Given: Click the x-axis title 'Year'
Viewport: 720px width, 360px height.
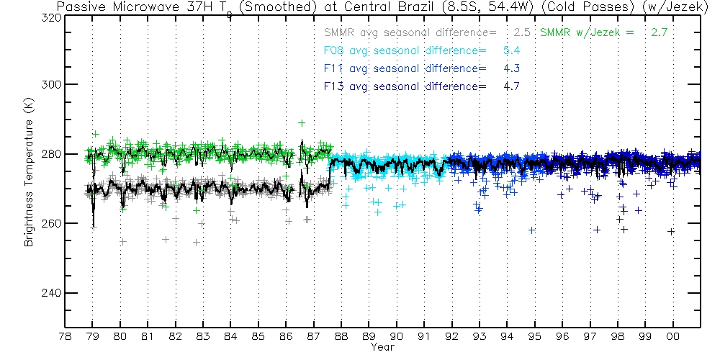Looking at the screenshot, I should coord(382,348).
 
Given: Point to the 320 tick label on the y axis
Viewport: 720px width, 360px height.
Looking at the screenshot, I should coord(48,15).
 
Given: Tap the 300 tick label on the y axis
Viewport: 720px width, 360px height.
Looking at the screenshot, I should coord(48,84).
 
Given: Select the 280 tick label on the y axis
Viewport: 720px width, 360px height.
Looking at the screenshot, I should coord(48,154).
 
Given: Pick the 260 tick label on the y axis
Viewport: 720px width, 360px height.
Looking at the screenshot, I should coord(48,224).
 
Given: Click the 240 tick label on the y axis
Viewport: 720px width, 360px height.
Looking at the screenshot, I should coord(48,293).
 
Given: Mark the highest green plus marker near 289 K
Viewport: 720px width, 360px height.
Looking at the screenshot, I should coord(302,122).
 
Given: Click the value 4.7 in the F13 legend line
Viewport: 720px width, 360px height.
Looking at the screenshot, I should coord(511,86).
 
